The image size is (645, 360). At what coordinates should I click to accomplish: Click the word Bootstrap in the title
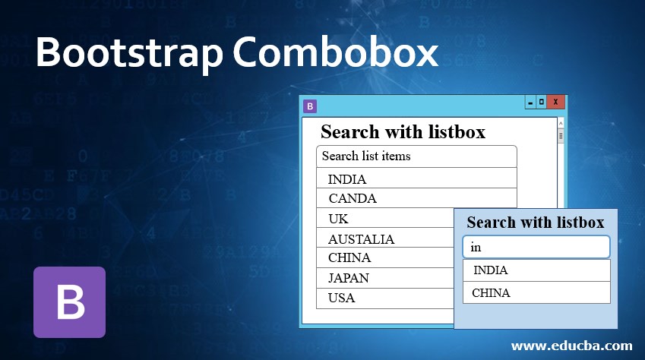click(x=129, y=53)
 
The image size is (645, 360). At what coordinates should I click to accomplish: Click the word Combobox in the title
click(x=336, y=52)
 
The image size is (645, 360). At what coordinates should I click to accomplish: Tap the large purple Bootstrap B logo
click(x=70, y=302)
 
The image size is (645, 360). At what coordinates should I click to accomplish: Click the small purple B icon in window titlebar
click(x=310, y=106)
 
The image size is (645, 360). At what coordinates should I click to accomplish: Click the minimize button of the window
click(x=530, y=102)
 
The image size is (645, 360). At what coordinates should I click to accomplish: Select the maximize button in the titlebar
click(x=542, y=102)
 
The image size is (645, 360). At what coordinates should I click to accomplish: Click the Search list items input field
click(x=416, y=156)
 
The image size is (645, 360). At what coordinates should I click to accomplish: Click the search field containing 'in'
click(x=536, y=247)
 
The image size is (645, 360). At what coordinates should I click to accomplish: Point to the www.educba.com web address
click(x=572, y=346)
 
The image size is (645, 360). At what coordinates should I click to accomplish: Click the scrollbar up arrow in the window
click(x=561, y=123)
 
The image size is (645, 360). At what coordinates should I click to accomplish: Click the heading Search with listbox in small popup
click(x=536, y=223)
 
